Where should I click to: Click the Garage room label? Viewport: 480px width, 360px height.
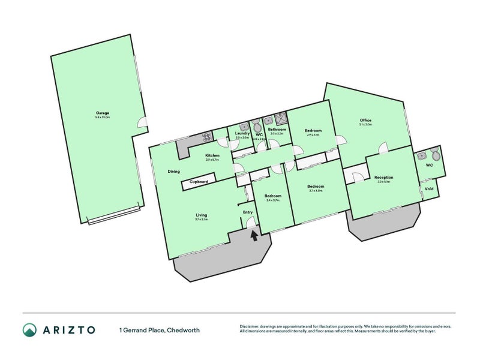(103, 113)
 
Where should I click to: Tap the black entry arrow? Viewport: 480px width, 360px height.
(253, 236)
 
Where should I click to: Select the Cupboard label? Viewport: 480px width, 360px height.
(199, 182)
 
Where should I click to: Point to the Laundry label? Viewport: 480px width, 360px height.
(242, 133)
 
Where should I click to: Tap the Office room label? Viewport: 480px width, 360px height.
(365, 120)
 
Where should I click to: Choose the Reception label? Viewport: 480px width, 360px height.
(384, 178)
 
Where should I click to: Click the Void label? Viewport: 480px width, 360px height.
(429, 189)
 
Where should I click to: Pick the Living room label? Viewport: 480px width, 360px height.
(201, 215)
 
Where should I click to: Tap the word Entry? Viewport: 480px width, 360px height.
(248, 212)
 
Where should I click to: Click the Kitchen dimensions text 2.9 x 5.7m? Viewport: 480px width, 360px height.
(212, 160)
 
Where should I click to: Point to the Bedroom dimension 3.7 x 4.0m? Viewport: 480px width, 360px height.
(316, 191)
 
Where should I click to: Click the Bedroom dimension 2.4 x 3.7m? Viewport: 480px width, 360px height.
(273, 200)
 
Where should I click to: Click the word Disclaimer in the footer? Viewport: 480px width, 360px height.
(251, 327)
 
